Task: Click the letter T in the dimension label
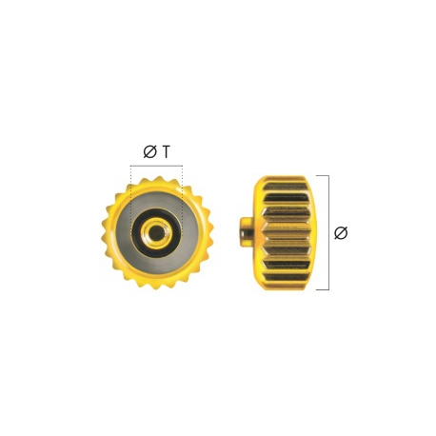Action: pyautogui.click(x=166, y=152)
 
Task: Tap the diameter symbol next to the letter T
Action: pyautogui.click(x=149, y=152)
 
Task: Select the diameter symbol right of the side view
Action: pyautogui.click(x=341, y=233)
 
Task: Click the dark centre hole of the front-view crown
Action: pyautogui.click(x=155, y=234)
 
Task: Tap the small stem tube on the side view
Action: pyautogui.click(x=246, y=231)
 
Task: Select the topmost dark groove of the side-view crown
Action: pyautogui.click(x=287, y=198)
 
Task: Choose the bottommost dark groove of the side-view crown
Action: pyautogui.click(x=287, y=278)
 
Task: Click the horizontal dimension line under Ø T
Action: pyautogui.click(x=156, y=166)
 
